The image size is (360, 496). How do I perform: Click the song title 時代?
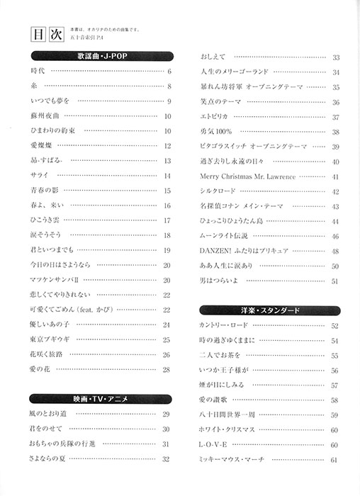coord(38,72)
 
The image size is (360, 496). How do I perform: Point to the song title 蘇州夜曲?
coord(45,116)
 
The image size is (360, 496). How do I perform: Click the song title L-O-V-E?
coord(213,445)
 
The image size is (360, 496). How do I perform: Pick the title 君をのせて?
coord(46,429)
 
